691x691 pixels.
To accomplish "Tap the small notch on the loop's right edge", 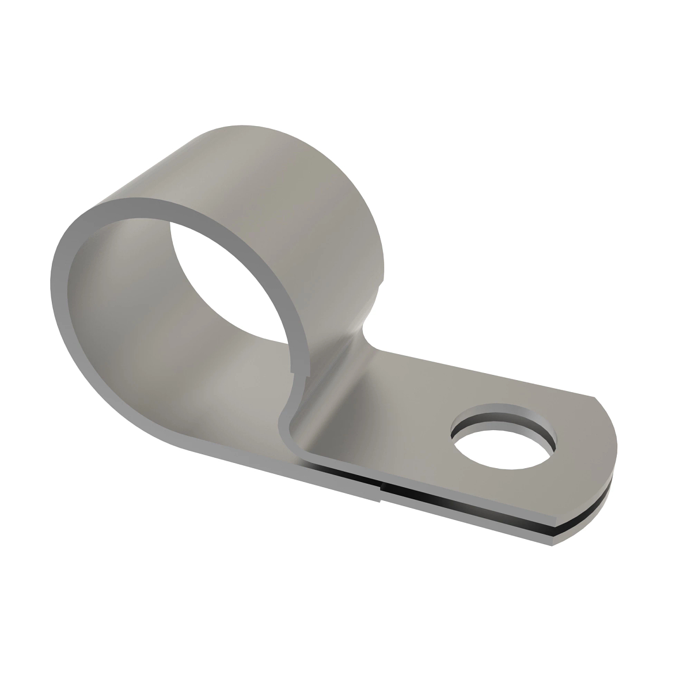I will (381, 282).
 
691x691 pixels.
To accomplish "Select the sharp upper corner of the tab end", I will (593, 397).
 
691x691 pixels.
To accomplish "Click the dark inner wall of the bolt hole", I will (507, 417).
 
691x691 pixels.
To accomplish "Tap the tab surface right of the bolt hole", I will (582, 443).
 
